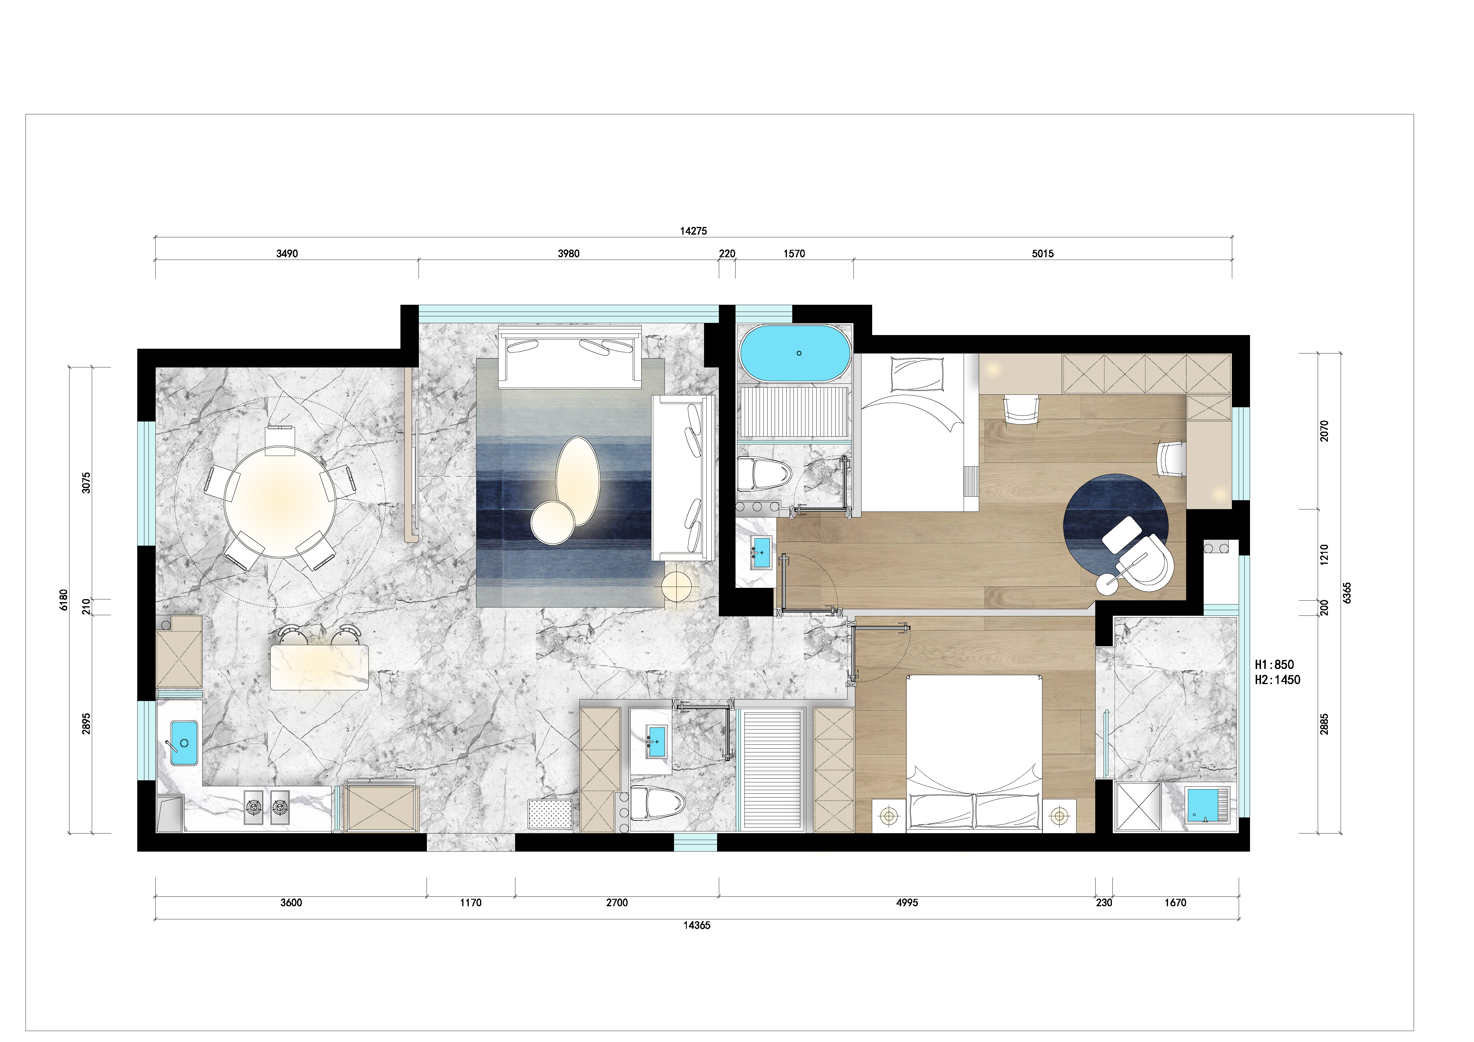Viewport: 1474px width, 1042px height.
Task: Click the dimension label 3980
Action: click(568, 254)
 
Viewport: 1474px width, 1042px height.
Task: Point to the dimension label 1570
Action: click(794, 254)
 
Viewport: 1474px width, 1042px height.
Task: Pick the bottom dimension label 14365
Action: click(697, 925)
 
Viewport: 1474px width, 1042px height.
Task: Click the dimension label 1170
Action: click(471, 903)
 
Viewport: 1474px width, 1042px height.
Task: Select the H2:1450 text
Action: click(1278, 680)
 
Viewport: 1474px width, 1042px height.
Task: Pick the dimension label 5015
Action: click(1043, 254)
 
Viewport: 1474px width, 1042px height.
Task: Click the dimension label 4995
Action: click(907, 903)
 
